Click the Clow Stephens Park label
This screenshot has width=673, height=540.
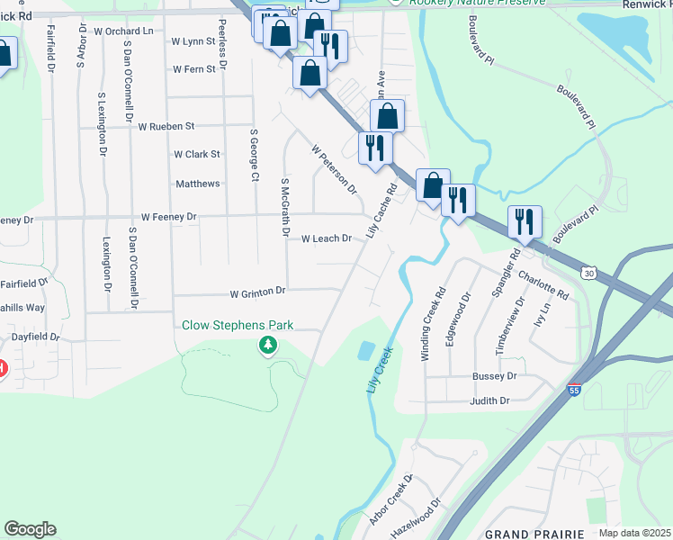(238, 326)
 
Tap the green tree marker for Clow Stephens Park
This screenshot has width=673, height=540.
(267, 346)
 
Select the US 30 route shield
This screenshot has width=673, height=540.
(588, 272)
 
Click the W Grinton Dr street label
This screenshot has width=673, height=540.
(257, 292)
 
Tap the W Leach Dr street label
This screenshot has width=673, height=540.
(326, 238)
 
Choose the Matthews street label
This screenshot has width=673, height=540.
(198, 184)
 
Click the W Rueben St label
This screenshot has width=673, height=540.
(166, 126)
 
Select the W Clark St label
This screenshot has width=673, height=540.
(197, 154)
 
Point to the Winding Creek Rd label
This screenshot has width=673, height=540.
(433, 325)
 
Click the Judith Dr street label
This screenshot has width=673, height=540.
(489, 400)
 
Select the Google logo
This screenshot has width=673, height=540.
(30, 529)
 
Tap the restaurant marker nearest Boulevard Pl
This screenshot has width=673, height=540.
(525, 221)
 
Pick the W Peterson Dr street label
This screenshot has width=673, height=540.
(334, 169)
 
